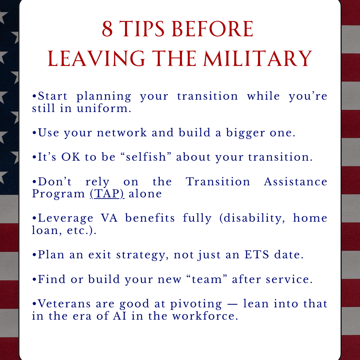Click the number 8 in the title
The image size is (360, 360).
coord(107,29)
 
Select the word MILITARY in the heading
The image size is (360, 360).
coord(258,59)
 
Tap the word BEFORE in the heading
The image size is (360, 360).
coord(212,29)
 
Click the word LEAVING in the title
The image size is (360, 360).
coord(96,59)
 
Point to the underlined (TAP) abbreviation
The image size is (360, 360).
coord(107,194)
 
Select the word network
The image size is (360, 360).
coord(122,133)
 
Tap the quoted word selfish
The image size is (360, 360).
coord(146,157)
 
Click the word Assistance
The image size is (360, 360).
coord(295,182)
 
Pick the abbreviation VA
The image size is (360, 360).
coord(109,218)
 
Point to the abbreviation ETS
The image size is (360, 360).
coord(257,255)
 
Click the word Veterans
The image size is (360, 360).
coord(64,304)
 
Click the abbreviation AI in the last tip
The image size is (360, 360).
coord(120,316)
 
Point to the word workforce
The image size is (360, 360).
coord(205,316)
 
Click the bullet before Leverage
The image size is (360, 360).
coord(34,218)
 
